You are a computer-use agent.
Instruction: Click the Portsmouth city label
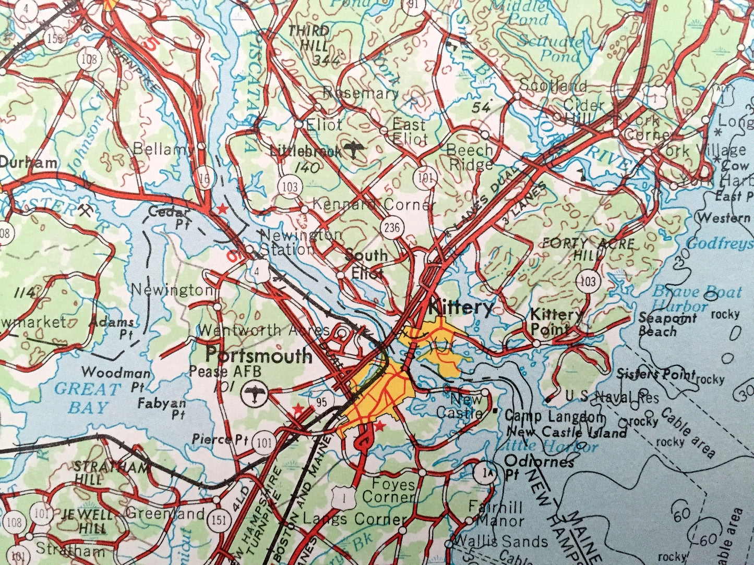pos(258,356)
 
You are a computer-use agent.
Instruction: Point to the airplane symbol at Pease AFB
pos(255,392)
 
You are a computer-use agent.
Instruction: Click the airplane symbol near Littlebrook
pos(356,150)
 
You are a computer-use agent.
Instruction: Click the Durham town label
pos(28,163)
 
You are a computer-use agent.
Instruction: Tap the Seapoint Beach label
pos(667,324)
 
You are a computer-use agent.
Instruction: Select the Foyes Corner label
pos(389,490)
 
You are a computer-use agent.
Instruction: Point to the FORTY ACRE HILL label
pos(588,248)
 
